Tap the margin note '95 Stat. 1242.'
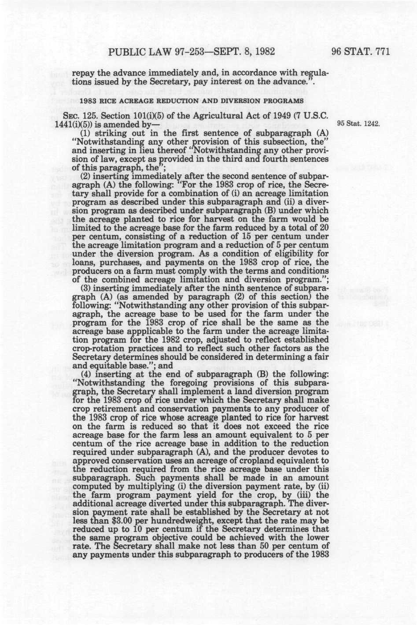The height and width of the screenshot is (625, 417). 358,124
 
